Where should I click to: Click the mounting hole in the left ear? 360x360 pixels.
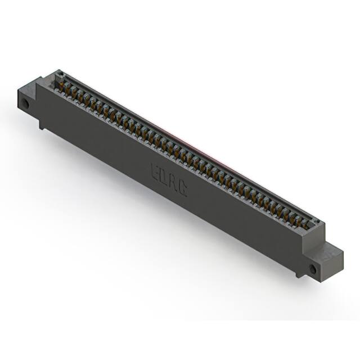[26, 105]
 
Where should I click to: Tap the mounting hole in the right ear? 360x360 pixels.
[313, 269]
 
